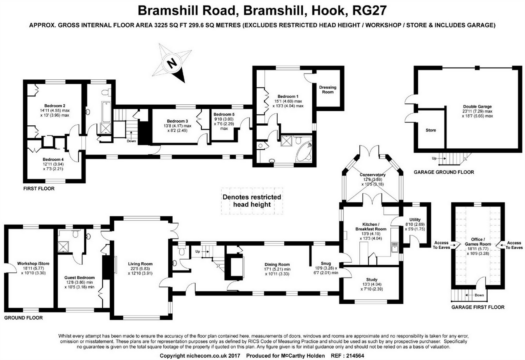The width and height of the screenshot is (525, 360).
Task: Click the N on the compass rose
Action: tap(171, 63)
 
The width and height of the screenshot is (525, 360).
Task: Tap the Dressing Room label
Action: tap(327, 90)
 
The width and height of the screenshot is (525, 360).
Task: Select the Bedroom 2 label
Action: tap(54, 106)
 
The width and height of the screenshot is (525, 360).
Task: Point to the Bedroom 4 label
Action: tap(53, 160)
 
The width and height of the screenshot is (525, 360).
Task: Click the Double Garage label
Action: tap(477, 107)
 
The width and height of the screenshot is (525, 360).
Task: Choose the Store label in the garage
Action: tap(430, 130)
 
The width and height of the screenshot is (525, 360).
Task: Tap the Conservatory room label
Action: tap(372, 175)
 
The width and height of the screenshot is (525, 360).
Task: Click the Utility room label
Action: tap(415, 220)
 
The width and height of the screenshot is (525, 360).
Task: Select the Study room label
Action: tap(371, 280)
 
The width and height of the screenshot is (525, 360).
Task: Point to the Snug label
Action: tap(325, 263)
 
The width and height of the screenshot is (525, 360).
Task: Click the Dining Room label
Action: tap(277, 265)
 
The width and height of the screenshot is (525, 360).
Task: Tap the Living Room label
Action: tap(140, 264)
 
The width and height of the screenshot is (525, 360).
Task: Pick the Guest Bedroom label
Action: tap(79, 278)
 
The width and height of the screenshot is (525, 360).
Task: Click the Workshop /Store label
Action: tap(33, 264)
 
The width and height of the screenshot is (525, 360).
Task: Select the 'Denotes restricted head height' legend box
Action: tap(252, 201)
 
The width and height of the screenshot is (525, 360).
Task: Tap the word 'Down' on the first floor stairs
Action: tap(131, 141)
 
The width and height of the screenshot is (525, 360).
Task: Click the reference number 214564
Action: tap(353, 355)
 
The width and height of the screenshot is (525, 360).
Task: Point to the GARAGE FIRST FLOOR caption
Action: tap(478, 307)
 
